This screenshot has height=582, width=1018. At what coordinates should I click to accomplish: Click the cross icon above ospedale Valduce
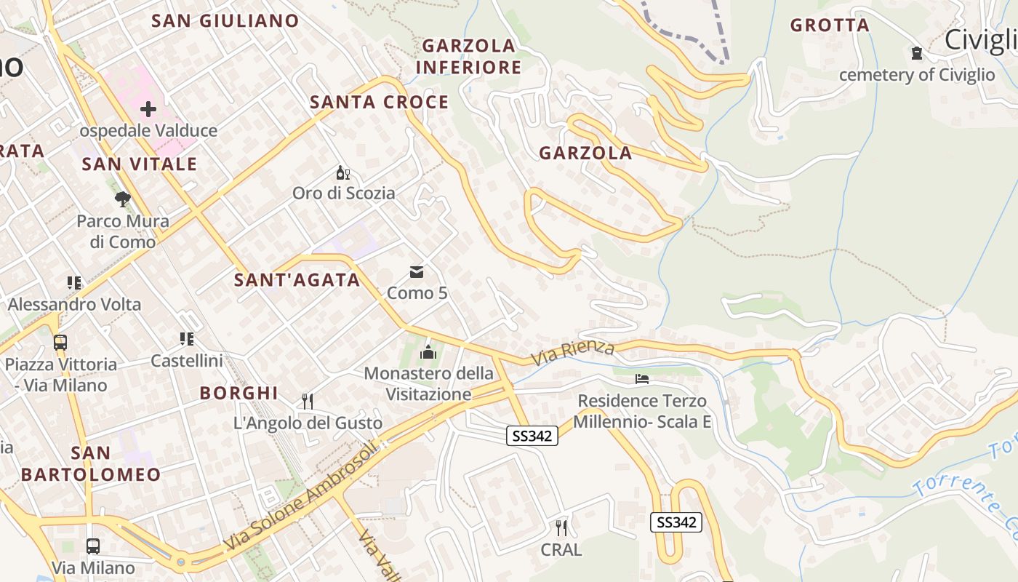(148, 110)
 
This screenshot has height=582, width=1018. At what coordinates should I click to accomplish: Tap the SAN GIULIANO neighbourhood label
(225, 21)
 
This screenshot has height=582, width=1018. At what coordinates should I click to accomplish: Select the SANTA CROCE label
(380, 103)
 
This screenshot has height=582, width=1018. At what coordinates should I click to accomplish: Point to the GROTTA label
(830, 25)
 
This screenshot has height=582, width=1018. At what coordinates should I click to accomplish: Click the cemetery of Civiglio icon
(916, 53)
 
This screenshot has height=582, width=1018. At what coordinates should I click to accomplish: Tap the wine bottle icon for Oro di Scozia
(343, 173)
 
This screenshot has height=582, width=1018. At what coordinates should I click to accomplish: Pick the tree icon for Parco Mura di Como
(123, 199)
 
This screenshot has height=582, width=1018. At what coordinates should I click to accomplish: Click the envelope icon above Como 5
(417, 272)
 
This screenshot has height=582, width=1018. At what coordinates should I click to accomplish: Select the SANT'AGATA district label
(297, 280)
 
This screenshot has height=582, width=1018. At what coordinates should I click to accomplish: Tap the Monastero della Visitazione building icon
(428, 353)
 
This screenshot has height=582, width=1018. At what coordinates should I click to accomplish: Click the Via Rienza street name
(572, 352)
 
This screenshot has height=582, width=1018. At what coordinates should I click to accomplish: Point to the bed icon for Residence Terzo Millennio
(642, 379)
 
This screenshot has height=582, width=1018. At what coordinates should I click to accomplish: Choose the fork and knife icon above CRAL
(561, 527)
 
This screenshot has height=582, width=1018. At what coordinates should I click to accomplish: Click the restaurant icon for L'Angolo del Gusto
(308, 401)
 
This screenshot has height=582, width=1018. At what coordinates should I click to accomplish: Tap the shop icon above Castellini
(186, 339)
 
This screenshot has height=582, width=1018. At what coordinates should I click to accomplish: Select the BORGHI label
(239, 394)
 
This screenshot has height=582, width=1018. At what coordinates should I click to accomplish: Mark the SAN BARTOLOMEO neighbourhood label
(91, 464)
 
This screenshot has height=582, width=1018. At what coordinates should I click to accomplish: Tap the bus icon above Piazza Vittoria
(60, 342)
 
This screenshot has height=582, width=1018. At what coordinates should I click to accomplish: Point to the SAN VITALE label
(140, 164)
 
